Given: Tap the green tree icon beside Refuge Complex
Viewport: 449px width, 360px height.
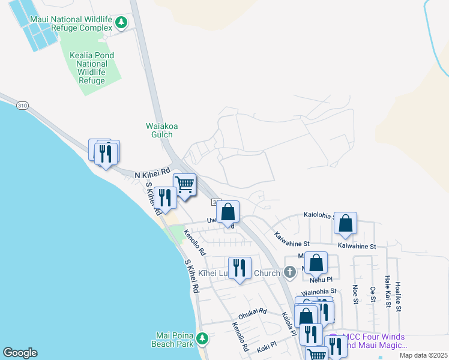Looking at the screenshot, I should (122, 23).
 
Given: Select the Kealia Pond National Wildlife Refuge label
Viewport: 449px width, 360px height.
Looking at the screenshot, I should (92, 68).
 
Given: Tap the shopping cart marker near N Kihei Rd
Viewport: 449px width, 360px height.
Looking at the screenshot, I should (185, 184).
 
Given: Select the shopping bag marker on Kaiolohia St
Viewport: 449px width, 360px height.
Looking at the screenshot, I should (345, 223).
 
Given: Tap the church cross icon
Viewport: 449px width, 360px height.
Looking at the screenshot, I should (289, 273).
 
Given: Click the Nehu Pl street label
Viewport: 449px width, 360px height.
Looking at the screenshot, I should (321, 279).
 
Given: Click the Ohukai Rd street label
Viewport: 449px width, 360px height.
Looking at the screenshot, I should (252, 312).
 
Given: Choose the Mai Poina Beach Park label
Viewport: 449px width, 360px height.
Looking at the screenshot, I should (175, 340).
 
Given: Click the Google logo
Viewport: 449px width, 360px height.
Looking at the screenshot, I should (20, 353).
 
